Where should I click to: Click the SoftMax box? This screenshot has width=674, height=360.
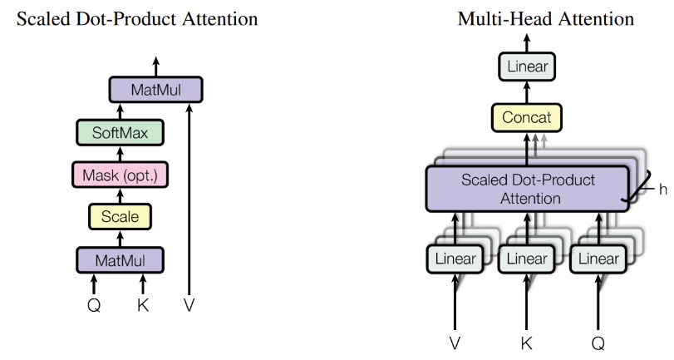coord(120,132)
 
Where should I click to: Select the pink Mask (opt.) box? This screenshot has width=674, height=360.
coord(120,175)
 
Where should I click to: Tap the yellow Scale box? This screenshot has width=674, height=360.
coord(120,218)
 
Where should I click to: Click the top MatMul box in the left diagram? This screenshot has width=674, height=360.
coord(156,89)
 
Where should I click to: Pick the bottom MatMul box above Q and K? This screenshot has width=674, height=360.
coord(120,261)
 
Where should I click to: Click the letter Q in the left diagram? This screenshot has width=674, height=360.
coord(94,305)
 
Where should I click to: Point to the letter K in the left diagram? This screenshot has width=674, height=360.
coord(143,305)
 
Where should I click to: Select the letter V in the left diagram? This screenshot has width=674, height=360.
coord(189,305)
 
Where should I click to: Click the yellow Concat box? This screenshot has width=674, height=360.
coord(528,117)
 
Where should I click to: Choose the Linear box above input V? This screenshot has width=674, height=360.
coord(455,259)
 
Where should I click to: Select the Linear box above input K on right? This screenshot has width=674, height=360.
coord(527,259)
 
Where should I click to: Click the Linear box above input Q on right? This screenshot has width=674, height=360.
coord(598,259)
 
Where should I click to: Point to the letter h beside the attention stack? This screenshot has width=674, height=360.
coord(662,189)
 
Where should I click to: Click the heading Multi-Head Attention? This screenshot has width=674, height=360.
coord(545,18)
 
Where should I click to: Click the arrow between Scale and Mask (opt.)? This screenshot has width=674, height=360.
coord(120,197)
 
